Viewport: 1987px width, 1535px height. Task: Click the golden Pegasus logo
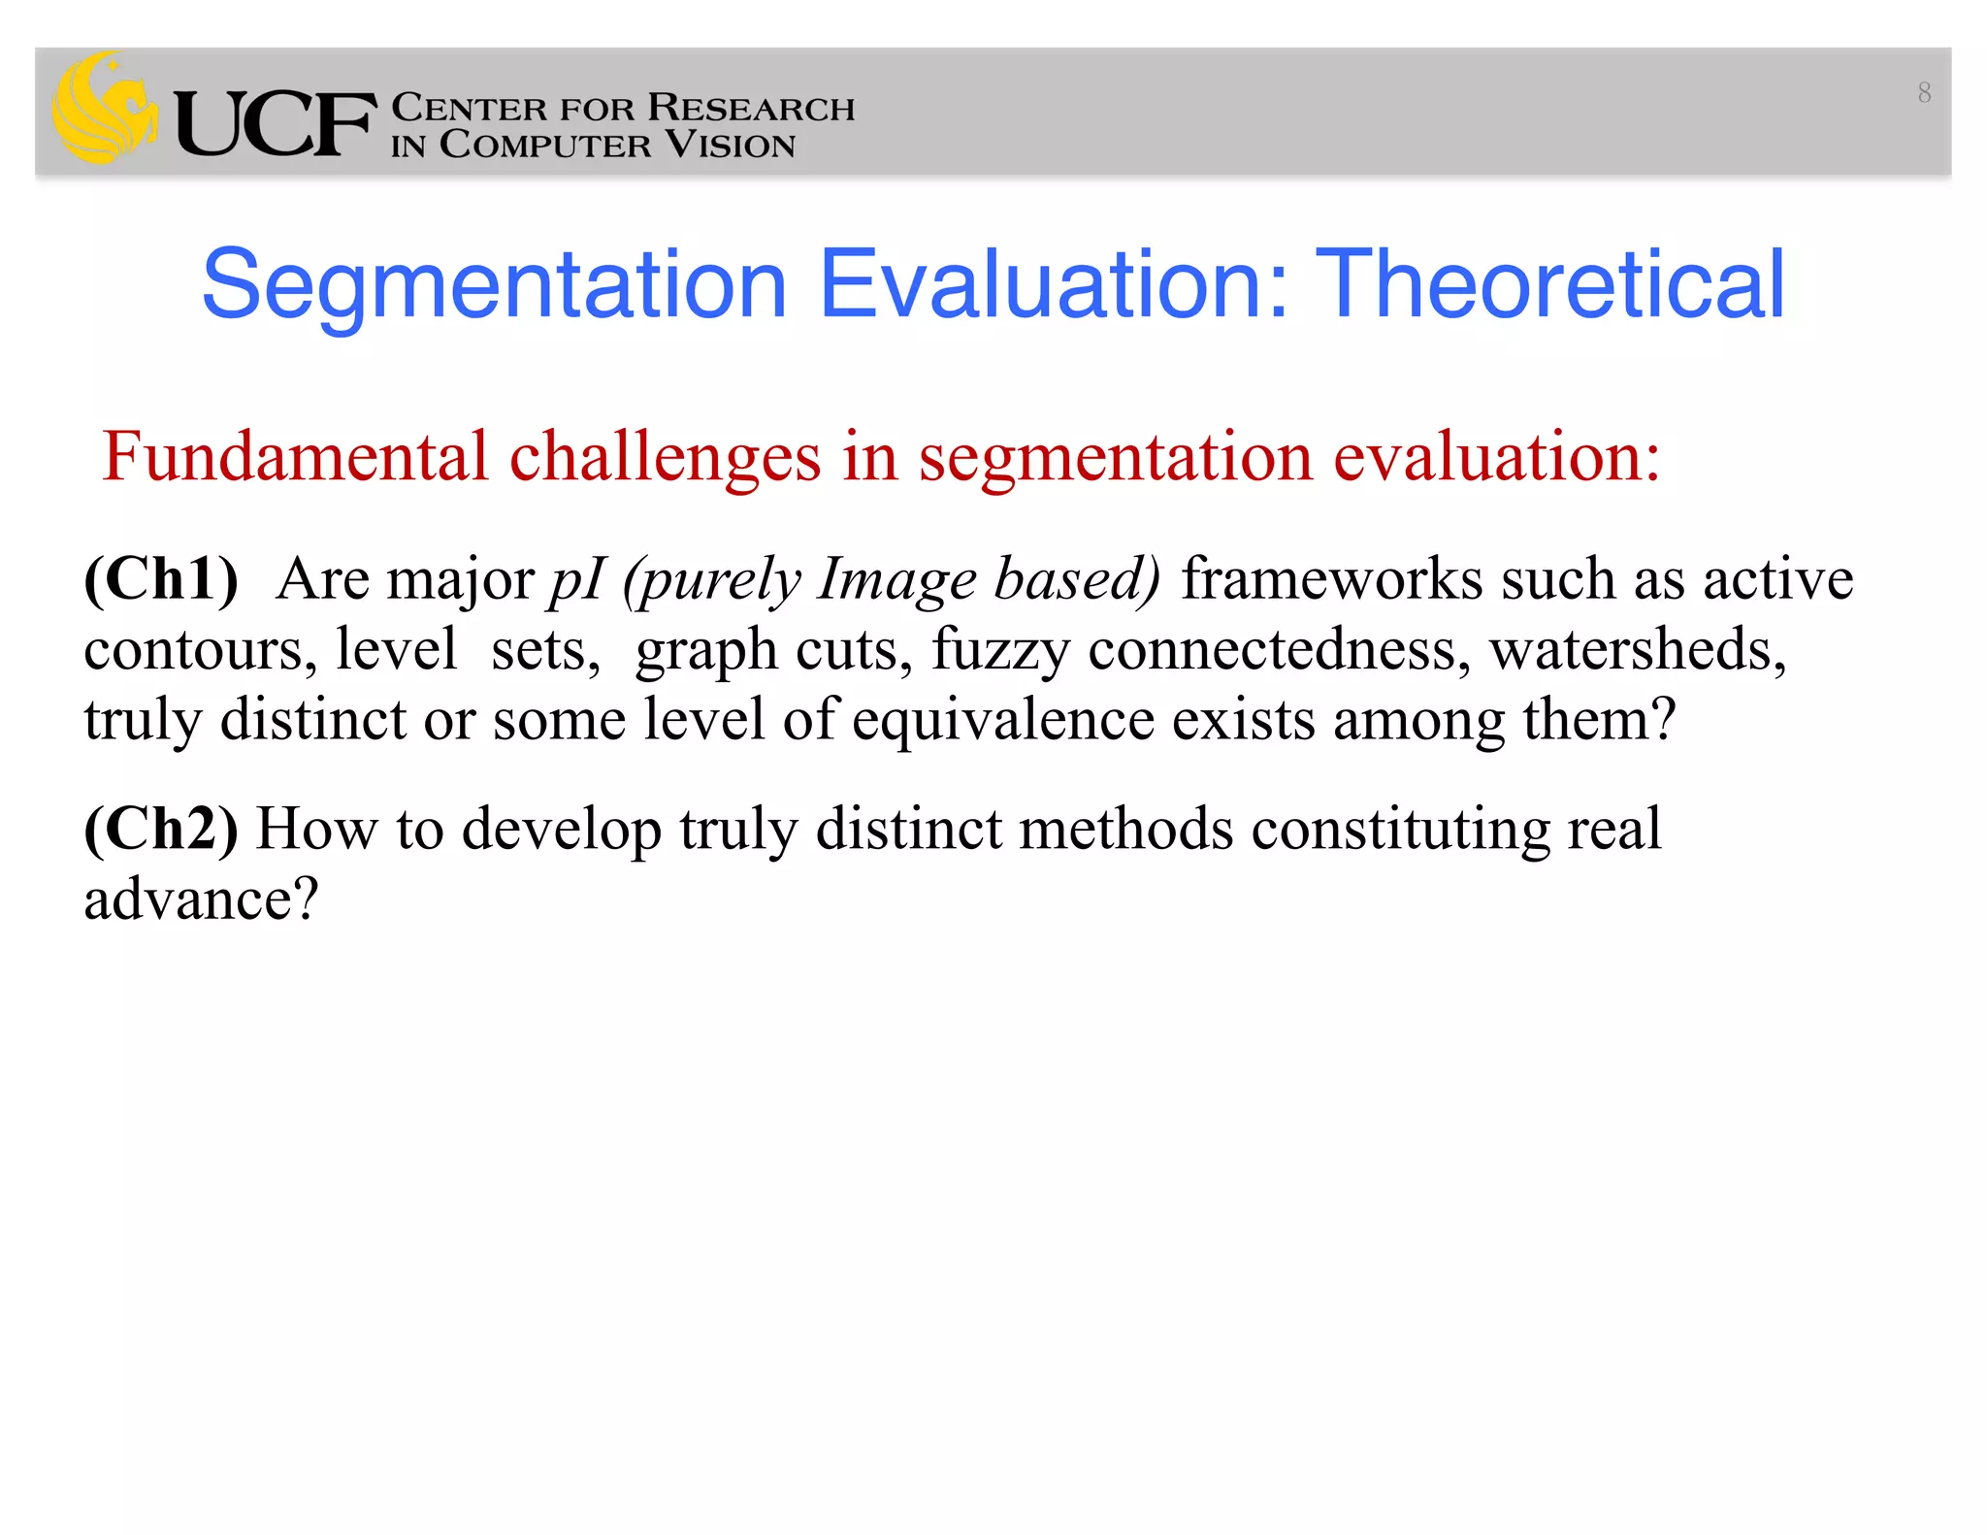(x=105, y=110)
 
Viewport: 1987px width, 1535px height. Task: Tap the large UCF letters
(x=275, y=124)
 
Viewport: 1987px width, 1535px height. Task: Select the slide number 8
(x=1924, y=93)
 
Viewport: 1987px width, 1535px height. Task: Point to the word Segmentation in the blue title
(x=494, y=286)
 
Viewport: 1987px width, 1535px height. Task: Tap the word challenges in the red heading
(x=666, y=458)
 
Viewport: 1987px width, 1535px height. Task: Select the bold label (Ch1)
(x=161, y=579)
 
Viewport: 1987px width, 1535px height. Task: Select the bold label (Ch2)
(x=161, y=829)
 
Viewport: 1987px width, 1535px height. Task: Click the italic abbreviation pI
(x=577, y=581)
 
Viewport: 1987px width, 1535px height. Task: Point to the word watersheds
(x=1638, y=649)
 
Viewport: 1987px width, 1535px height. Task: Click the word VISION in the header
(x=731, y=146)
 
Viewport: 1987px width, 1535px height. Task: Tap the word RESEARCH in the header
(x=751, y=107)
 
